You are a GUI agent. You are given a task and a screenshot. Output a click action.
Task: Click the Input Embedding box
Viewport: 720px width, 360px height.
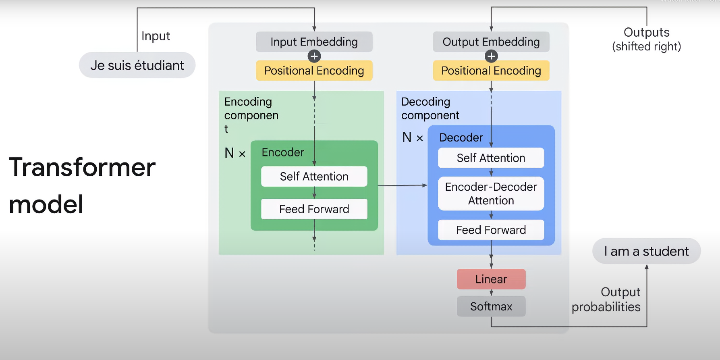314,42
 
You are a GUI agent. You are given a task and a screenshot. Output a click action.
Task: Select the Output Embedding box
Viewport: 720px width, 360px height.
491,42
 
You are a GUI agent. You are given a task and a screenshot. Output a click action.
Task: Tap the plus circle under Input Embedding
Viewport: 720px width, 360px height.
314,56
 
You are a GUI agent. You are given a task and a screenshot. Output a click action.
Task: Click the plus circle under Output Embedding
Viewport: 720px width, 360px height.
491,56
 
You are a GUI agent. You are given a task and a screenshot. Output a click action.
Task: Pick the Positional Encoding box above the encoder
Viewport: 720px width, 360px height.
314,71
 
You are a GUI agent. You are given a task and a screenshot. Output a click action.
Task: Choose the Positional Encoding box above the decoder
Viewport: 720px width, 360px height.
491,71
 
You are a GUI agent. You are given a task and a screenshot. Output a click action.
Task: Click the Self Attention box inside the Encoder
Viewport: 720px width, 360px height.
314,176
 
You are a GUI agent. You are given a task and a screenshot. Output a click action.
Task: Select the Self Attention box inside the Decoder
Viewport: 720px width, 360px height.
491,158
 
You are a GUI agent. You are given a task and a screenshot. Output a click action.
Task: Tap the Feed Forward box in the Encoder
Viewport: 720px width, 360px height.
314,209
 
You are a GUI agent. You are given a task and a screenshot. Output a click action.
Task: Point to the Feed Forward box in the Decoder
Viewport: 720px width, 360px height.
491,230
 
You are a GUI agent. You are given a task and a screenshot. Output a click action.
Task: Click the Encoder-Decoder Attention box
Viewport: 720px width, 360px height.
491,194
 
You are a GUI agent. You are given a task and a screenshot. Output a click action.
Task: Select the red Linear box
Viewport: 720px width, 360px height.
491,279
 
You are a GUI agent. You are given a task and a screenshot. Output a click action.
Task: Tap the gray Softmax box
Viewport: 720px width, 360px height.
491,306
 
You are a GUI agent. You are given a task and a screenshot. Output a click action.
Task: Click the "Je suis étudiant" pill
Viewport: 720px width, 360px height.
137,65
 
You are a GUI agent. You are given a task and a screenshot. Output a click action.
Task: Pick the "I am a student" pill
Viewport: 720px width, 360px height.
646,251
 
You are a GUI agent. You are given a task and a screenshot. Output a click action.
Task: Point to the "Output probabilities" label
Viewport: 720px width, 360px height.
606,300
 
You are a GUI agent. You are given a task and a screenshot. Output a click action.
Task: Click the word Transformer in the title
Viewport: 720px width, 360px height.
82,167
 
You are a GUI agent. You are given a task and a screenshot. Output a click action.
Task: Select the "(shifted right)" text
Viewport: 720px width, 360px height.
646,47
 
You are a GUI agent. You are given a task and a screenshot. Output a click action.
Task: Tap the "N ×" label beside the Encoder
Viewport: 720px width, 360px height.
235,153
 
